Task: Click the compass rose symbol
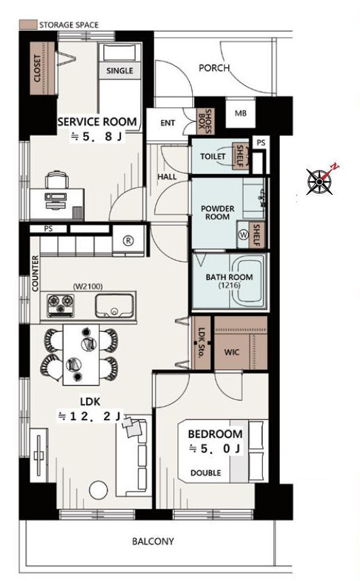click(x=320, y=181)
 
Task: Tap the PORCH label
click(x=214, y=68)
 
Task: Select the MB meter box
click(x=240, y=113)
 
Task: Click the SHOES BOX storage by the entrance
click(x=204, y=121)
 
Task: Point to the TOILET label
click(x=213, y=156)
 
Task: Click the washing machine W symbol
click(x=244, y=235)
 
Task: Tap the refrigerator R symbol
click(x=128, y=241)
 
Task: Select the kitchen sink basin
click(x=114, y=306)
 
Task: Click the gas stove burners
click(x=60, y=305)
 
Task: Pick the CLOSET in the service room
click(x=42, y=69)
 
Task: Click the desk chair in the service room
click(x=57, y=180)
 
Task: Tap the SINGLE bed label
click(x=120, y=71)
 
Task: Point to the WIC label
click(x=232, y=352)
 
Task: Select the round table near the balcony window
click(x=98, y=490)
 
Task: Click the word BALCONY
click(x=153, y=542)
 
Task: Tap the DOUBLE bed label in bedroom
click(x=206, y=473)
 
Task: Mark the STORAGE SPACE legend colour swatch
click(x=28, y=25)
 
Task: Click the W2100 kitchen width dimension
click(x=88, y=286)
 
